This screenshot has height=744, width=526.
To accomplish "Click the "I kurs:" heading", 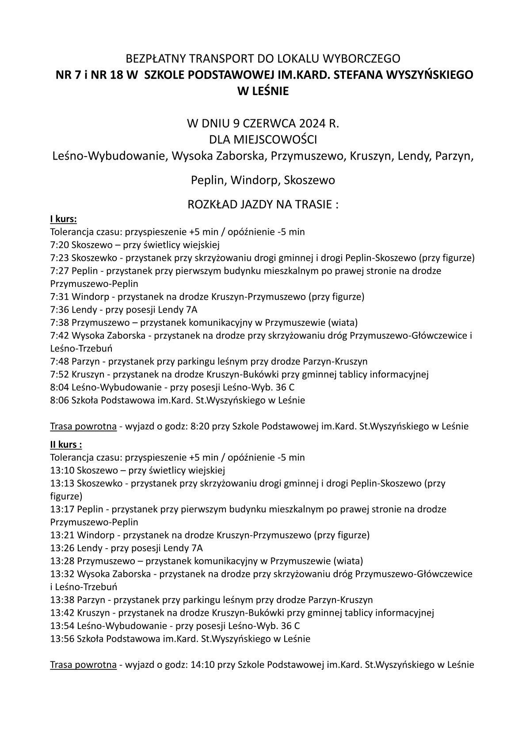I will tap(64, 219).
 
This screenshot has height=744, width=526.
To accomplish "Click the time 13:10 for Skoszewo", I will tap(62, 470).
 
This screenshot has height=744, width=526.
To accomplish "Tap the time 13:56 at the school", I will tap(62, 639).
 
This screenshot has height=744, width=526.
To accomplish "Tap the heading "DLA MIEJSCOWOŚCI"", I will tap(263, 140).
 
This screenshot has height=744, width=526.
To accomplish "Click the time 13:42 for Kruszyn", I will tap(62, 613).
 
